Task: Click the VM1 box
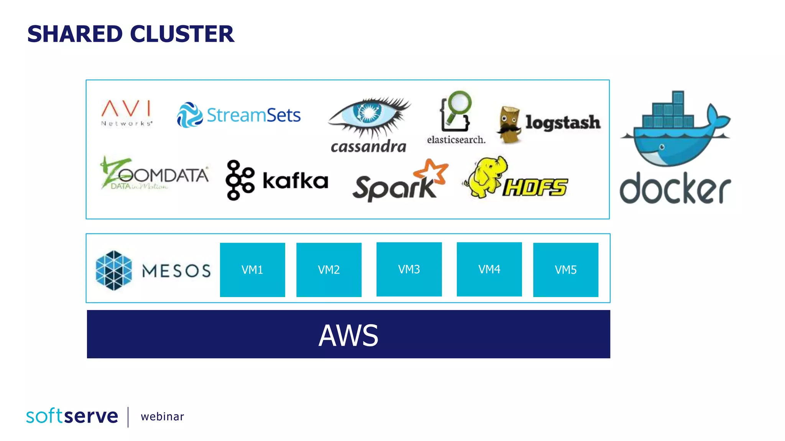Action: (x=252, y=269)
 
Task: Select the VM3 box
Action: (x=409, y=269)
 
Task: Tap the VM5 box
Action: (x=565, y=269)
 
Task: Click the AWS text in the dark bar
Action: (x=348, y=335)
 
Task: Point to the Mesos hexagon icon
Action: (x=114, y=270)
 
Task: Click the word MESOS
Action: (x=176, y=271)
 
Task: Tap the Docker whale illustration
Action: (x=675, y=130)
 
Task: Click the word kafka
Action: (x=295, y=181)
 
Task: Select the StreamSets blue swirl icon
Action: (x=189, y=115)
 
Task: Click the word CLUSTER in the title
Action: (x=182, y=34)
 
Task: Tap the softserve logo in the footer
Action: (x=72, y=416)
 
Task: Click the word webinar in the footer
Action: (x=162, y=416)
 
